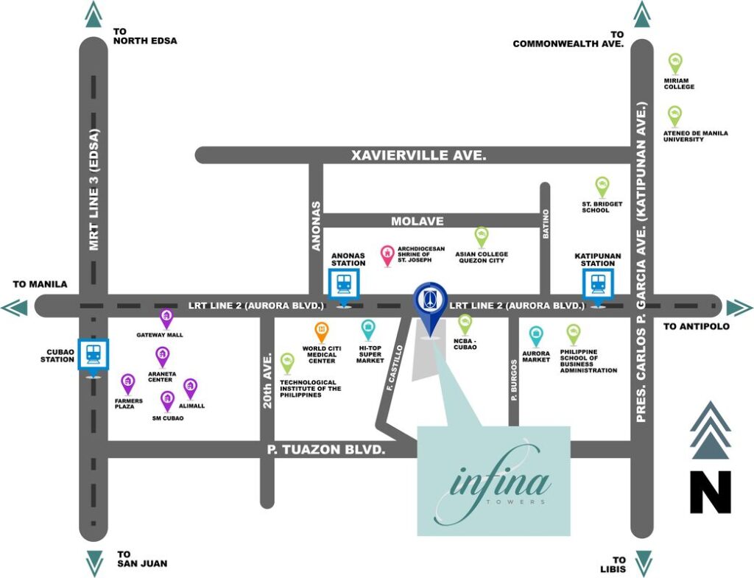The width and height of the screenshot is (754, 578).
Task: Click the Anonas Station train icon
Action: pos(344,283)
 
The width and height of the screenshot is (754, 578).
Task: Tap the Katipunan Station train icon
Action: pos(598,283)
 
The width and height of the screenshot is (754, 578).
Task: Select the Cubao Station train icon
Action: pos(94,354)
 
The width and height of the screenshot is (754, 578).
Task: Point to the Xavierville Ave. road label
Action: pos(418,155)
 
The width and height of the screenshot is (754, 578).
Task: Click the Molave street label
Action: pos(417,221)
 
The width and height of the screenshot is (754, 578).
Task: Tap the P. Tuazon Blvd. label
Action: pos(326,450)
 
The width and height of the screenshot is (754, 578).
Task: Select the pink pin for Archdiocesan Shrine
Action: pos(387,255)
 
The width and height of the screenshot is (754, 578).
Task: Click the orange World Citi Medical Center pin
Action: pos(322,332)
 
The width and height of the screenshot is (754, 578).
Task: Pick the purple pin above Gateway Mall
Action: pos(166,319)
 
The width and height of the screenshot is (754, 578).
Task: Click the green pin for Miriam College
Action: pos(676,63)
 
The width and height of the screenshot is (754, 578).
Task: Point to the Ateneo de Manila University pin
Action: pos(675,116)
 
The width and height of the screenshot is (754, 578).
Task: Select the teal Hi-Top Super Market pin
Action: pos(368,330)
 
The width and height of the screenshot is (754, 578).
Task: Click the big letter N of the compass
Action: pos(711,492)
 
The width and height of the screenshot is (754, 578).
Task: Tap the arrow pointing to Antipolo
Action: pos(739,308)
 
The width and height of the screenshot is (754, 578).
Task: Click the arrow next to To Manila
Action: pos(14,308)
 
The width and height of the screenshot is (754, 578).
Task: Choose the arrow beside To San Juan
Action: pos(94,563)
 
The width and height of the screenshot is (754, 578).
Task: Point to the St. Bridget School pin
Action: pos(602,187)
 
